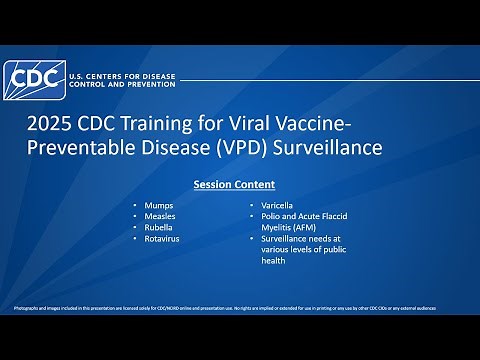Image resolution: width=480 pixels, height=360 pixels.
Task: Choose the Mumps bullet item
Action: tap(158, 204)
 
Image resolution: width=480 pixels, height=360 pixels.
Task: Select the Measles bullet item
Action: tap(160, 216)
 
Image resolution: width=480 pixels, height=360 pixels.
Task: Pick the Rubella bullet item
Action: tap(159, 227)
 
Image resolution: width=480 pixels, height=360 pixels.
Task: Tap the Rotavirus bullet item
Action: tap(162, 239)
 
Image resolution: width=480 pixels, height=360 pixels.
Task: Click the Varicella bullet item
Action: tap(277, 204)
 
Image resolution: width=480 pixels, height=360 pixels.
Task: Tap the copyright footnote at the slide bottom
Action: tap(225, 306)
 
